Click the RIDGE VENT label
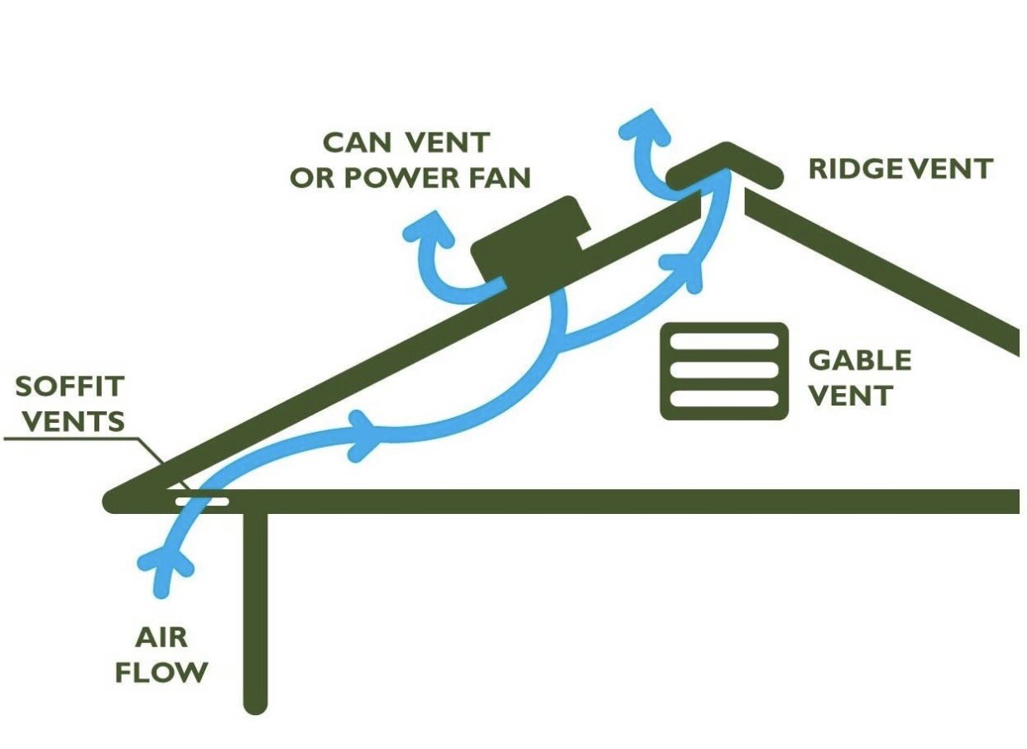[x=900, y=169]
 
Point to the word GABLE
[x=860, y=360]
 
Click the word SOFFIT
[x=70, y=387]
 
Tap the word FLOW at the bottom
[x=161, y=672]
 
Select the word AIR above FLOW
[x=161, y=637]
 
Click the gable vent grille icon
[x=724, y=371]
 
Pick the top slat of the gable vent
[x=724, y=342]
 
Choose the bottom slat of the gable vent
[x=724, y=399]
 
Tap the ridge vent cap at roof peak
[x=725, y=163]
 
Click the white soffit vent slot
[x=201, y=502]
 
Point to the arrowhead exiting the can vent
[x=428, y=228]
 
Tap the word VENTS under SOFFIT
[x=73, y=421]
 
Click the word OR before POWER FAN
[x=312, y=178]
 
